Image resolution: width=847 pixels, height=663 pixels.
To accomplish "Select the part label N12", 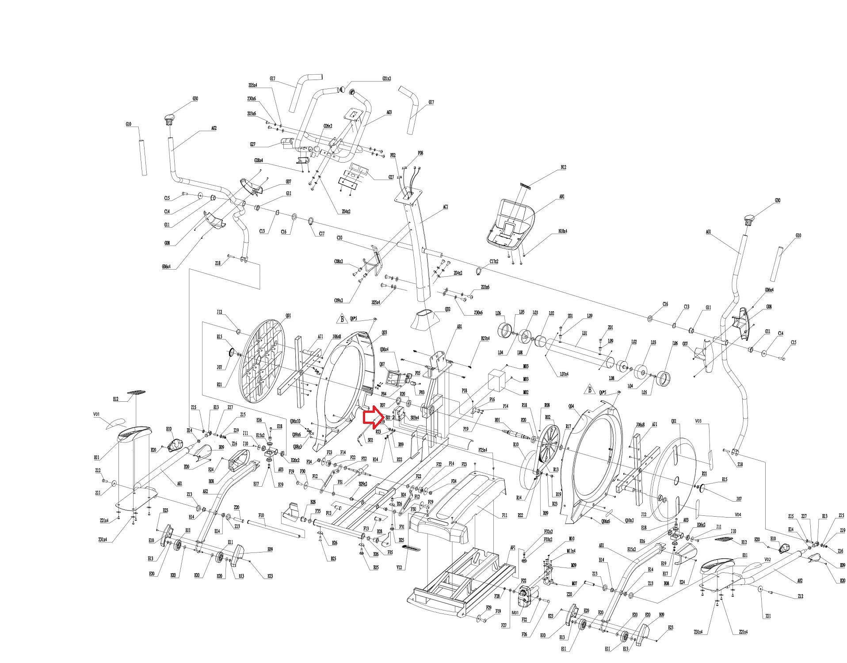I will click(563, 168).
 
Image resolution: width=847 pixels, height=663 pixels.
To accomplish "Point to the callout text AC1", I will click(445, 207).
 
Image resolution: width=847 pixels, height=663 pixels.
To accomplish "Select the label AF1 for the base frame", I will click(513, 548).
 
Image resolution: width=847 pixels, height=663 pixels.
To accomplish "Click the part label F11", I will click(504, 515).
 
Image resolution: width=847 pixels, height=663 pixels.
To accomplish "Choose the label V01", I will click(96, 415).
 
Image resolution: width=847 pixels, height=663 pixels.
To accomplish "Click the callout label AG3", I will click(389, 113).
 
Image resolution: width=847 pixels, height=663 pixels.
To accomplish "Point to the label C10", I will click(339, 238).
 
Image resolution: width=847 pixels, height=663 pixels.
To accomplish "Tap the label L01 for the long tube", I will click(584, 333).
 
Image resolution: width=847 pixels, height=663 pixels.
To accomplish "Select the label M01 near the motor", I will click(515, 613).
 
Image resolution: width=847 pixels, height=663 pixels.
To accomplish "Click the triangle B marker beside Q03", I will click(342, 319).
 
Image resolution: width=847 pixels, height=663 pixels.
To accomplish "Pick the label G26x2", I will click(328, 126).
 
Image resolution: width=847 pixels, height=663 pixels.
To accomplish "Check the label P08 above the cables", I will click(420, 153).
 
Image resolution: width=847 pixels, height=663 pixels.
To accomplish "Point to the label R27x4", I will click(485, 339).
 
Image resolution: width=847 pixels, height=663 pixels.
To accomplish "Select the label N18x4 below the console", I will click(562, 231).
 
